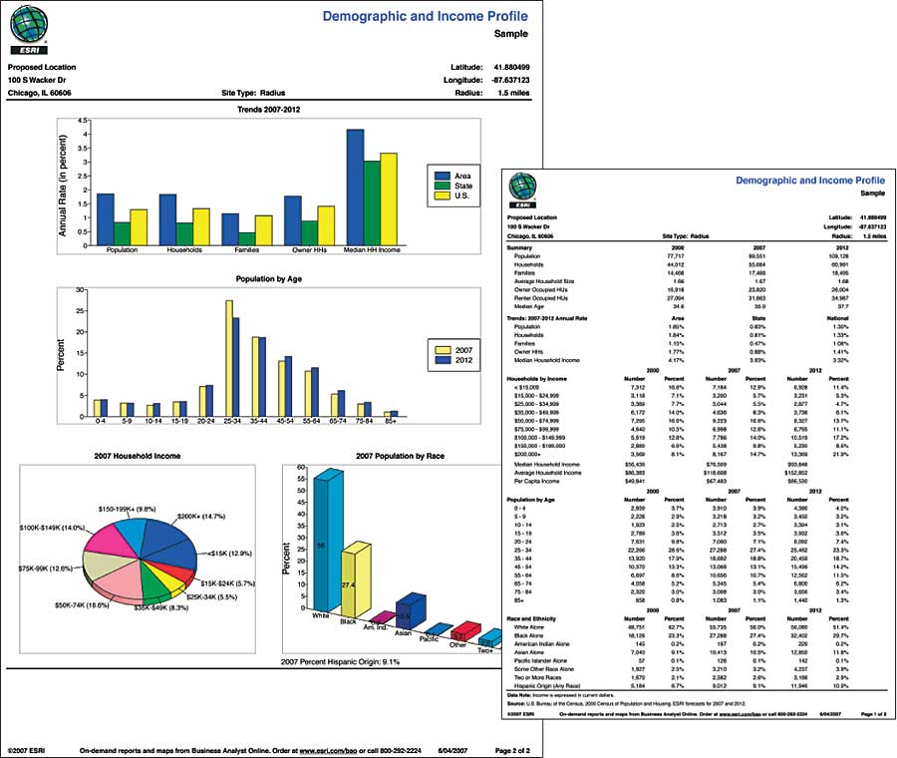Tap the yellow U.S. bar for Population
pyautogui.click(x=140, y=226)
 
